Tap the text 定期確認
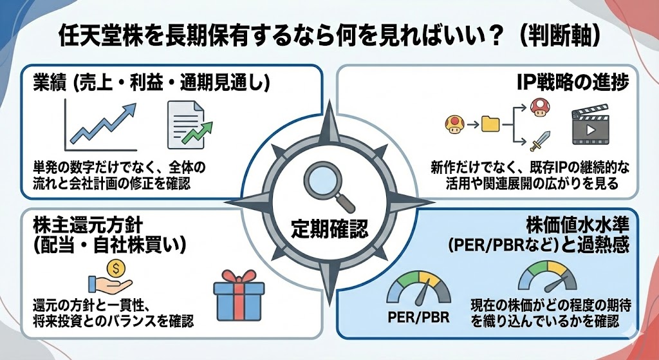pos(328,227)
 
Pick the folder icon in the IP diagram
pos(490,122)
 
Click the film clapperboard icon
pos(590,125)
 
